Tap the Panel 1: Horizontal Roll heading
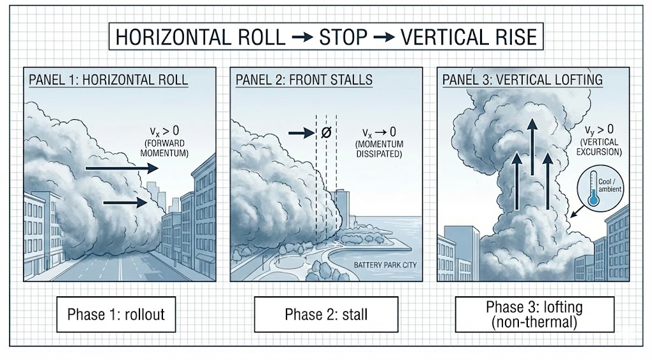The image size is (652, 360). (108, 81)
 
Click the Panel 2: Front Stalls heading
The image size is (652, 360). (304, 81)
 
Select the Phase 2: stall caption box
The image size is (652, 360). (325, 314)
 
